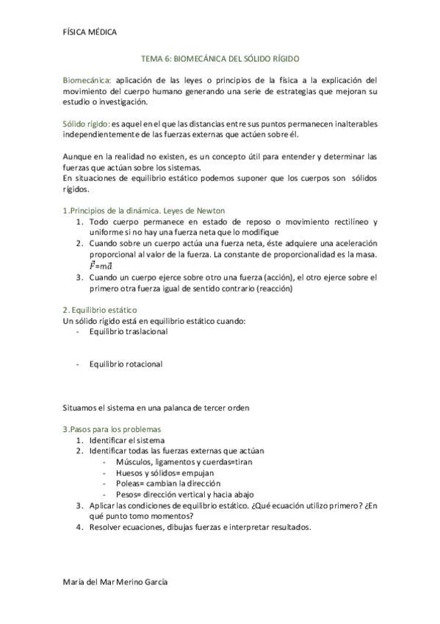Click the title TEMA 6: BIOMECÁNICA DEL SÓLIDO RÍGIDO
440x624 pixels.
point(220,57)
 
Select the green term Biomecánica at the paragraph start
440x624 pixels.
point(87,79)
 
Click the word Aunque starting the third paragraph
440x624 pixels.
point(79,156)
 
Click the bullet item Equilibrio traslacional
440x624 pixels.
point(128,331)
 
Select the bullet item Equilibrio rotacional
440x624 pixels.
point(126,364)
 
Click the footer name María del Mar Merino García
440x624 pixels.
point(115,581)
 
